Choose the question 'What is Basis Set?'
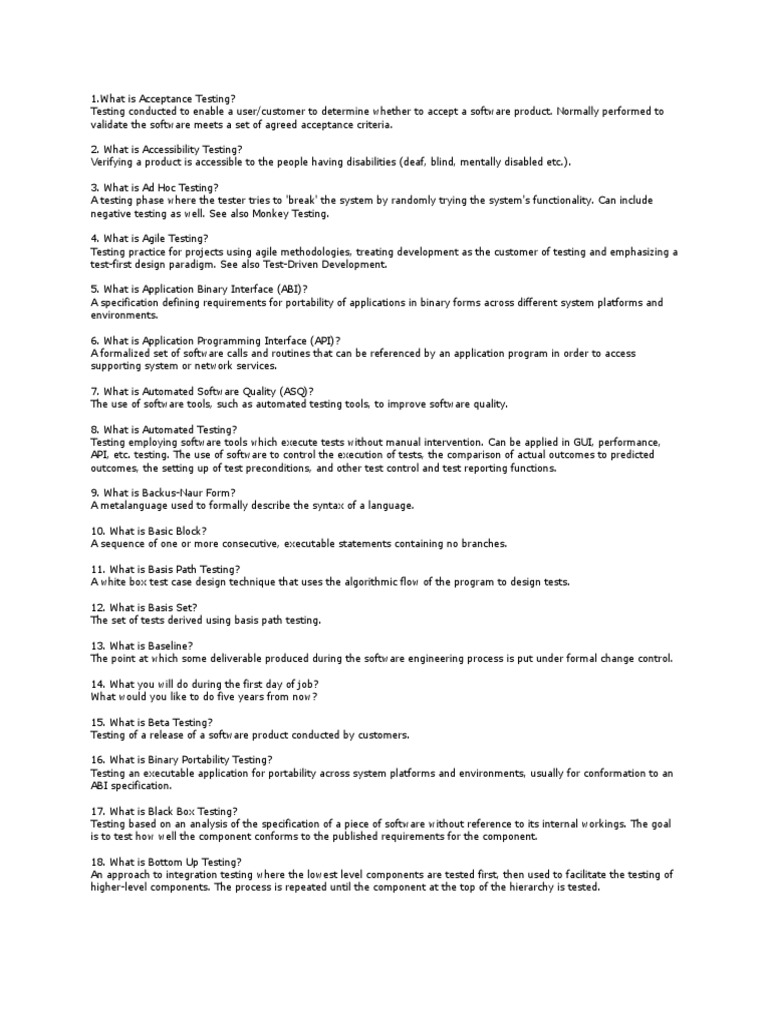(144, 607)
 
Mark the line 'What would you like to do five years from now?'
(205, 697)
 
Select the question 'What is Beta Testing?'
(151, 722)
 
